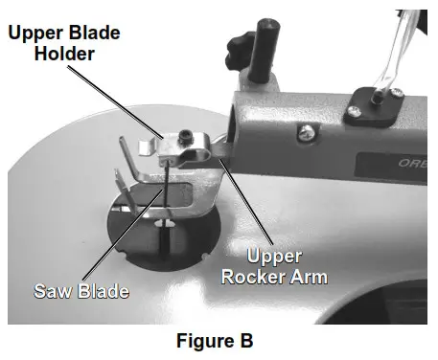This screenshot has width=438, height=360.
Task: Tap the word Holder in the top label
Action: click(x=64, y=54)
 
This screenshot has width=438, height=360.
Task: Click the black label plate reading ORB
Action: click(x=402, y=163)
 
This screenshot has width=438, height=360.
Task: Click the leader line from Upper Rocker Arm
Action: click(x=245, y=201)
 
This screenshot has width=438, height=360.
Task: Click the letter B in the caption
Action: click(x=245, y=340)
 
